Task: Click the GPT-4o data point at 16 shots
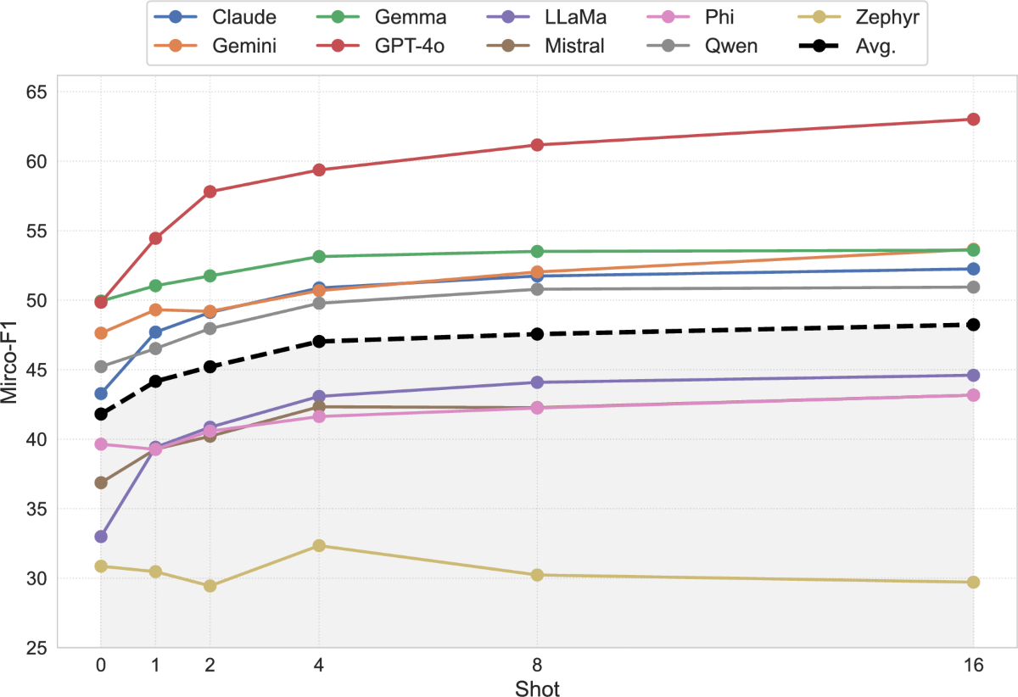973,120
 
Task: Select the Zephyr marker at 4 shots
319,545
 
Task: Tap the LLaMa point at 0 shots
101,537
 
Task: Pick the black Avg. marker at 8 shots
537,334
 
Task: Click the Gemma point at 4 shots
319,256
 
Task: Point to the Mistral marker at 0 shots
101,482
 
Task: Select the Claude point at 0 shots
101,393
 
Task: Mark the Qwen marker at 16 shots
973,287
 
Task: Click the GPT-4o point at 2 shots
210,192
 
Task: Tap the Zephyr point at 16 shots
973,583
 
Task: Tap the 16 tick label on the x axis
973,666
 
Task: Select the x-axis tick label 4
319,666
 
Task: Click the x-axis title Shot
537,687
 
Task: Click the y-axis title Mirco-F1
12,370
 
